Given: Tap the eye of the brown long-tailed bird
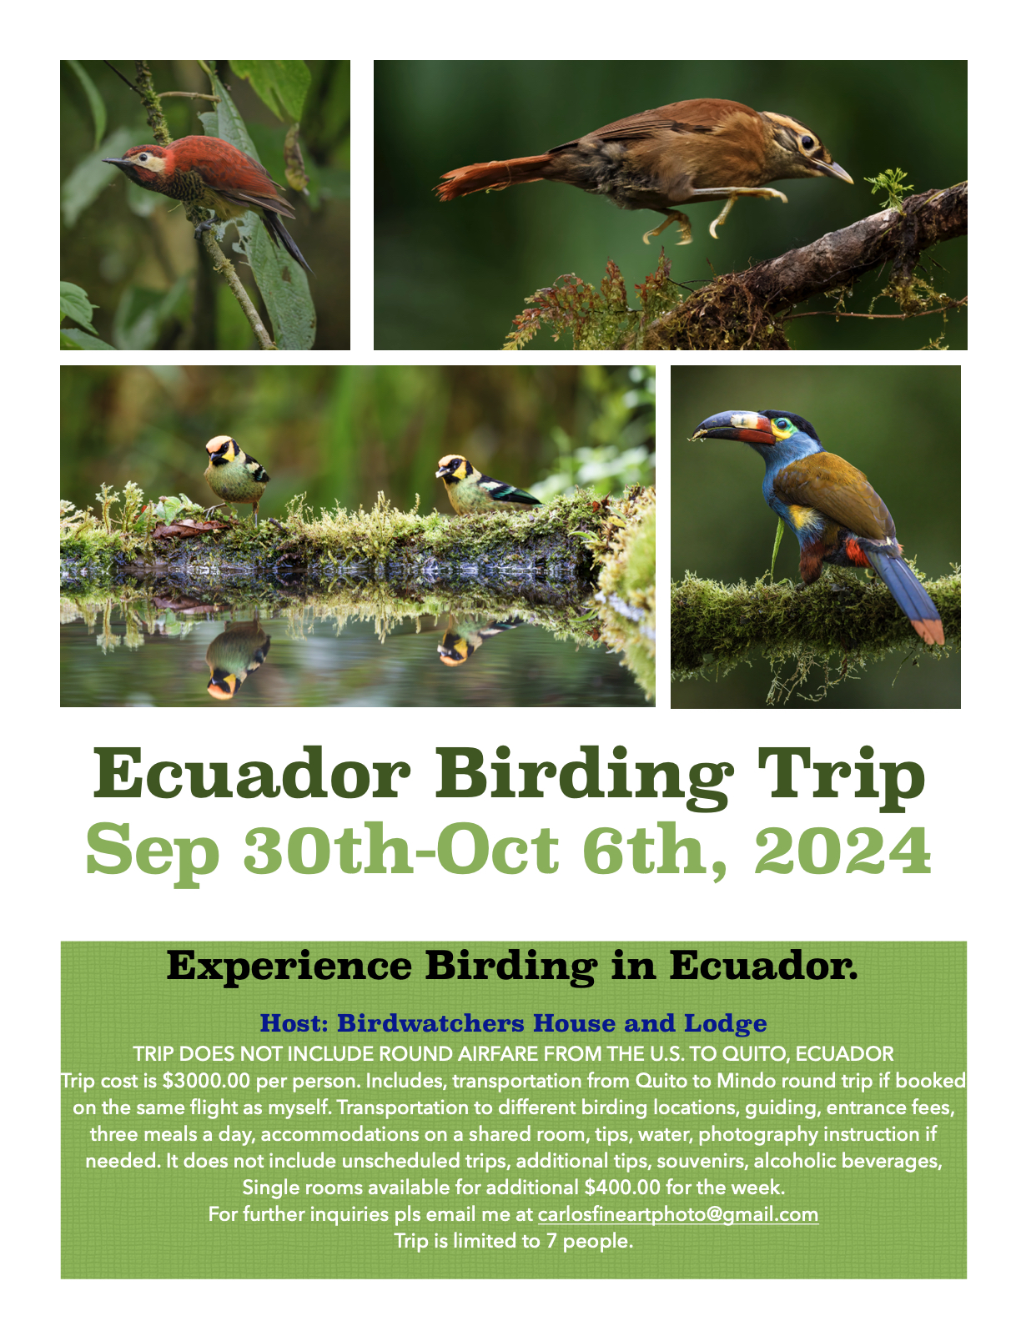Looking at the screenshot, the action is coord(807,143).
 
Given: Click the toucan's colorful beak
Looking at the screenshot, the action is coord(732,427).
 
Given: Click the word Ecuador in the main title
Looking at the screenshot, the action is coord(251,775).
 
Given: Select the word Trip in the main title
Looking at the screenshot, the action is coord(840,778).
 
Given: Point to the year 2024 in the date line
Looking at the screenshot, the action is coord(842,849).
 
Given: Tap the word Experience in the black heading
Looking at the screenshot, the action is coord(289,966).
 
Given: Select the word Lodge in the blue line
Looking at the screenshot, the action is coord(725,1024).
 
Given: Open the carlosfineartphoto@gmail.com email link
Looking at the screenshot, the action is coord(678,1214).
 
